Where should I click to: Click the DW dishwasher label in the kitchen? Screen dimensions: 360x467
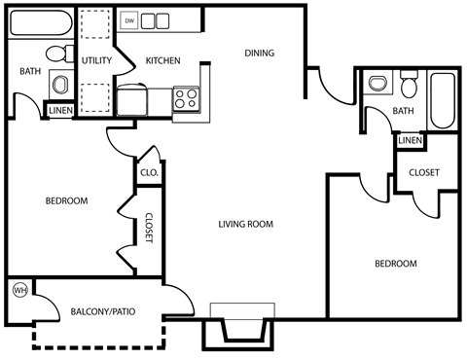click(x=128, y=19)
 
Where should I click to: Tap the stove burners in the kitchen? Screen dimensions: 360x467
click(x=185, y=98)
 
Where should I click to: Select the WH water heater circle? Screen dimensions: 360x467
click(x=18, y=290)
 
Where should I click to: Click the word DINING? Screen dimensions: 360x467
click(x=259, y=54)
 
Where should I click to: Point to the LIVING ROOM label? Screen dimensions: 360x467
click(x=245, y=224)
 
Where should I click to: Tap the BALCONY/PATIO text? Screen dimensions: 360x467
click(x=104, y=312)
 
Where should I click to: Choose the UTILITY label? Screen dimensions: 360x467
click(x=97, y=61)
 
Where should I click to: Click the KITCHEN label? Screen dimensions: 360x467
click(x=162, y=61)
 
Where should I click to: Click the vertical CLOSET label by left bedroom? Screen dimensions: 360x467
click(x=149, y=230)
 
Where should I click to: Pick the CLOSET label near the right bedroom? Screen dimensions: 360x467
click(x=423, y=172)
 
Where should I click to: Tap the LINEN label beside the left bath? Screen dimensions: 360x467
click(x=59, y=110)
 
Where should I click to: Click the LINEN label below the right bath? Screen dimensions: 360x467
click(x=410, y=141)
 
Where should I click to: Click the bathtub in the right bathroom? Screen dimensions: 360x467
click(x=444, y=99)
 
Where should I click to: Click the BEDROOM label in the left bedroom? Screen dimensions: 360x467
click(x=66, y=201)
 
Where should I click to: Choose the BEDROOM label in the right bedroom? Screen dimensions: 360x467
click(x=395, y=264)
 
